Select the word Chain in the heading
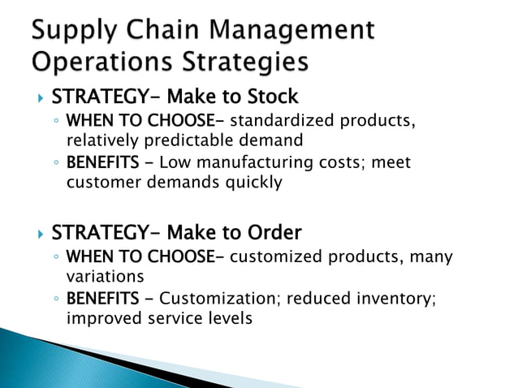[166, 30]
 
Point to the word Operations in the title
[101, 62]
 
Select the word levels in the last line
[228, 317]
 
